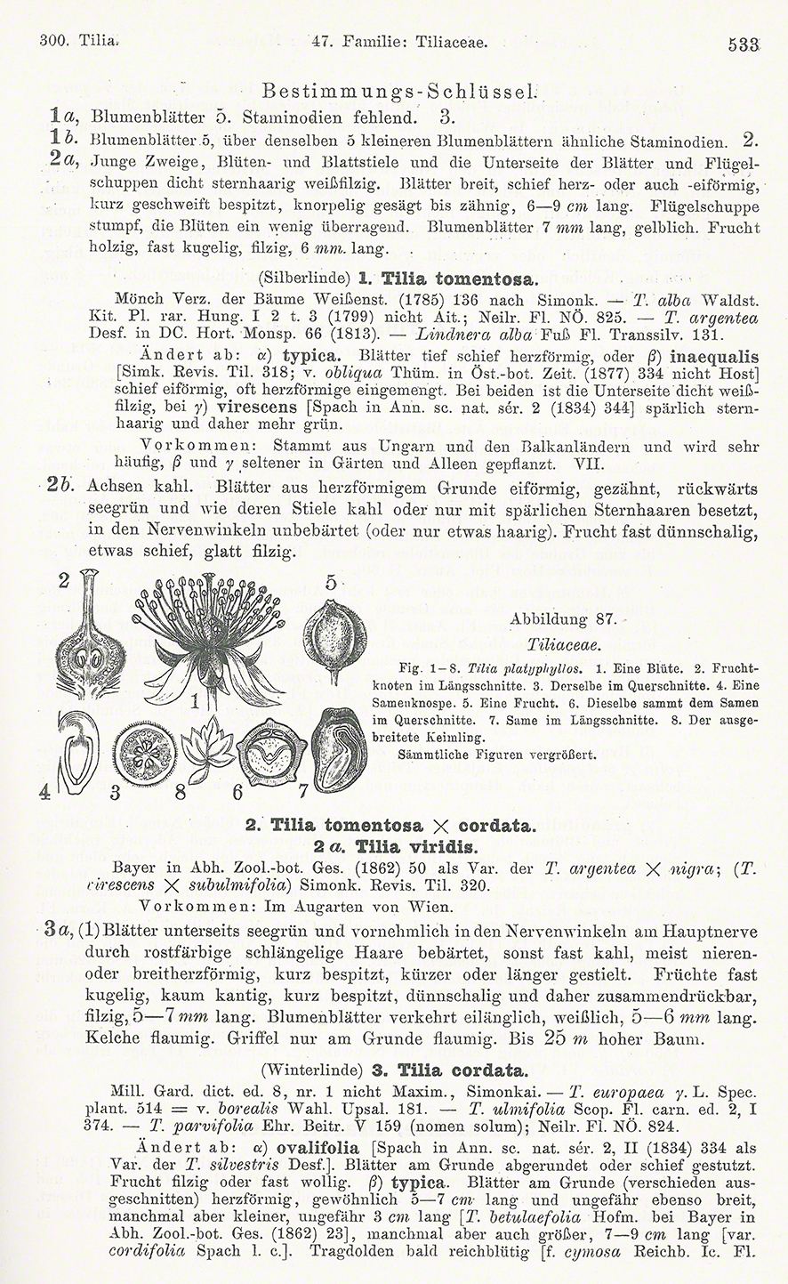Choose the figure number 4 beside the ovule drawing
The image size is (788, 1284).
point(44,792)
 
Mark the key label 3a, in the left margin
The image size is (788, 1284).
point(57,933)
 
